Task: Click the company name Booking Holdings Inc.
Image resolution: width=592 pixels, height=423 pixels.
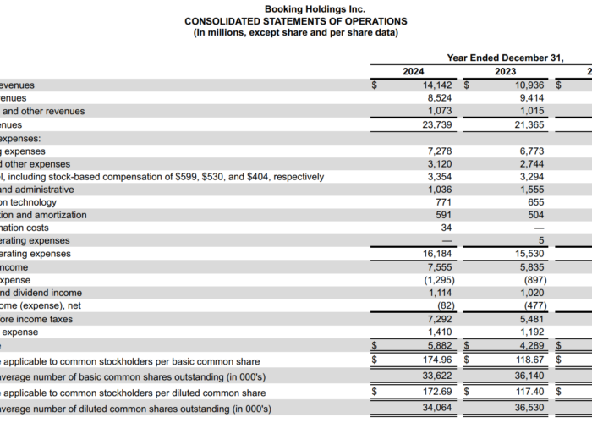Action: coord(295,8)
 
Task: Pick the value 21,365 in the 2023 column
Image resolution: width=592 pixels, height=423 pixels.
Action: coord(526,124)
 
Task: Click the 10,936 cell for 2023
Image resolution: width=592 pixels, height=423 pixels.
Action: coord(526,85)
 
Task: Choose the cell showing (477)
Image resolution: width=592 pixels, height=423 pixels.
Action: coord(533,305)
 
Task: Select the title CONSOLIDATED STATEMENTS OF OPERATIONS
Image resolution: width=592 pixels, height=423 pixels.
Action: coord(295,21)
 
